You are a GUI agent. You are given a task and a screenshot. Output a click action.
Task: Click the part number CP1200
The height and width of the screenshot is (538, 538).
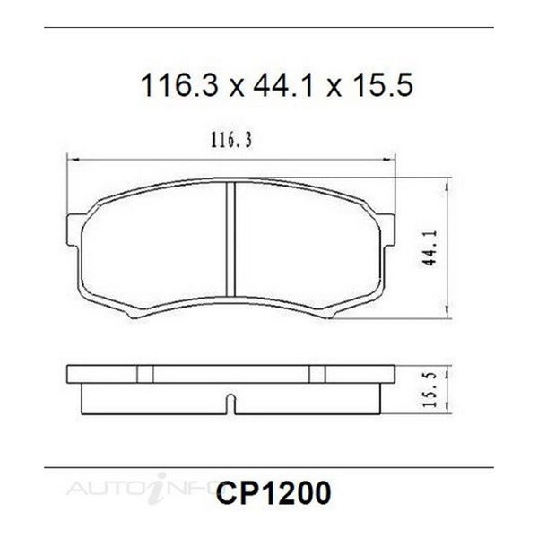pyautogui.click(x=273, y=492)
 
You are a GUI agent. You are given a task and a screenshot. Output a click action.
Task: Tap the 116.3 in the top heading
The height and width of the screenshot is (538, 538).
pyautogui.click(x=179, y=85)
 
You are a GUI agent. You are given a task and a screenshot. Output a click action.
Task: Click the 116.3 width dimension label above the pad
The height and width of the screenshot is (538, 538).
pyautogui.click(x=231, y=141)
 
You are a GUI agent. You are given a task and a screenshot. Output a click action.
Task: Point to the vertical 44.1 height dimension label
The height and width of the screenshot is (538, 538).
pyautogui.click(x=430, y=247)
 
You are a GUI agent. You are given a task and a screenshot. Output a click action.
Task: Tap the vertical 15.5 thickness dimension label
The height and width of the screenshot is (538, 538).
pyautogui.click(x=430, y=389)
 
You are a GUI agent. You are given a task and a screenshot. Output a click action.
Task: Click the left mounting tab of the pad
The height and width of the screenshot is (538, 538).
pyautogui.click(x=74, y=230)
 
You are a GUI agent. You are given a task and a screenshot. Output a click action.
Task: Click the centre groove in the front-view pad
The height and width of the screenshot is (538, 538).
pyautogui.click(x=230, y=239)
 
